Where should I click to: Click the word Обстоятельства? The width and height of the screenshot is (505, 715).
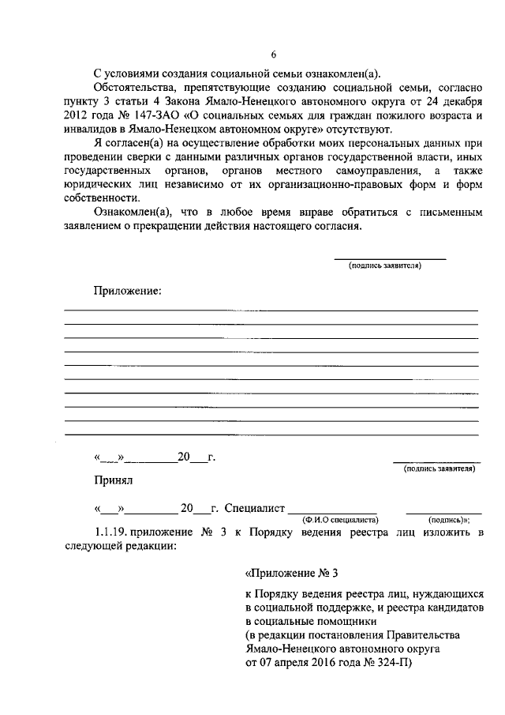(130, 87)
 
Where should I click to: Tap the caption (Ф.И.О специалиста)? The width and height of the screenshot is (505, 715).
(340, 520)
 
